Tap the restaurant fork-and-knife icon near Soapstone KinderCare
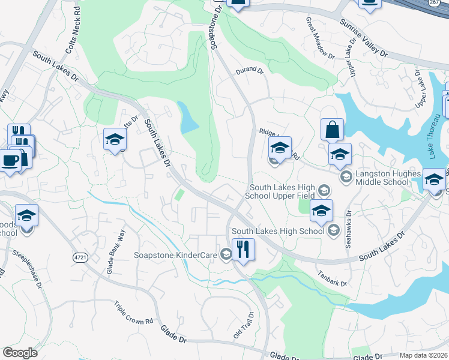pos(243,249)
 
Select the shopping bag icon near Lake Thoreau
pos(332,129)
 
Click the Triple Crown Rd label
pos(134,313)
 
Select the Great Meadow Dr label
pos(320,38)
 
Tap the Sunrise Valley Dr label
pos(364,38)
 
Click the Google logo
pos(20,353)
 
